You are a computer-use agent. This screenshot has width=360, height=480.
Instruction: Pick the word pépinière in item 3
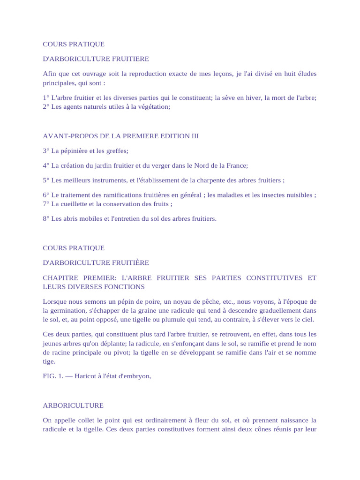[x=73, y=150]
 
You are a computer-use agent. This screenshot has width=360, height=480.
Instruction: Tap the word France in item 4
[x=236, y=165]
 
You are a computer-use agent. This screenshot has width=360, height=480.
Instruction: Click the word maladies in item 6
[x=234, y=195]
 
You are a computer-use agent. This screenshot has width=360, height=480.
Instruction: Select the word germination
[x=68, y=310]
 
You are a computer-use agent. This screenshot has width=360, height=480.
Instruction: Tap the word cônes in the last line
[x=262, y=429]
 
